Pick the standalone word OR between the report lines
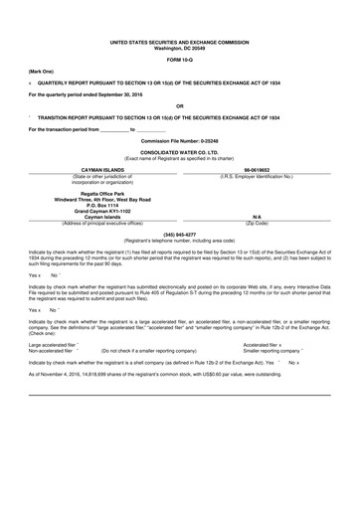click(179, 105)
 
